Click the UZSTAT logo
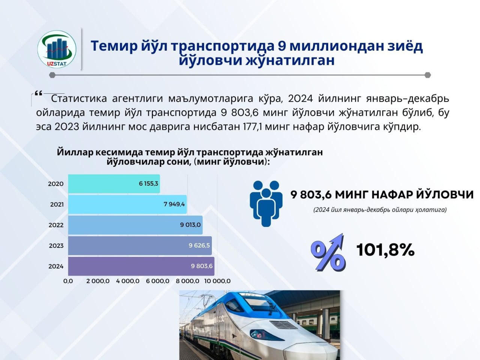click(57, 49)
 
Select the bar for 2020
click(114, 184)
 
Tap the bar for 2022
click(135, 225)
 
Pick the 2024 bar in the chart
click(141, 266)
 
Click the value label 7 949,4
click(174, 204)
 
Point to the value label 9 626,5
click(199, 246)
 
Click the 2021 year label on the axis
click(57, 205)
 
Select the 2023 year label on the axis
click(56, 246)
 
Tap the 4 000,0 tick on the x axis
click(128, 281)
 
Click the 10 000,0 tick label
click(217, 281)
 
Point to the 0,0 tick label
click(68, 281)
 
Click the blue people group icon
click(266, 204)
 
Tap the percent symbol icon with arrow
click(328, 253)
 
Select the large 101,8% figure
click(385, 250)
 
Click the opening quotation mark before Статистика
click(38, 94)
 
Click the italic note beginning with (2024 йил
click(380, 210)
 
